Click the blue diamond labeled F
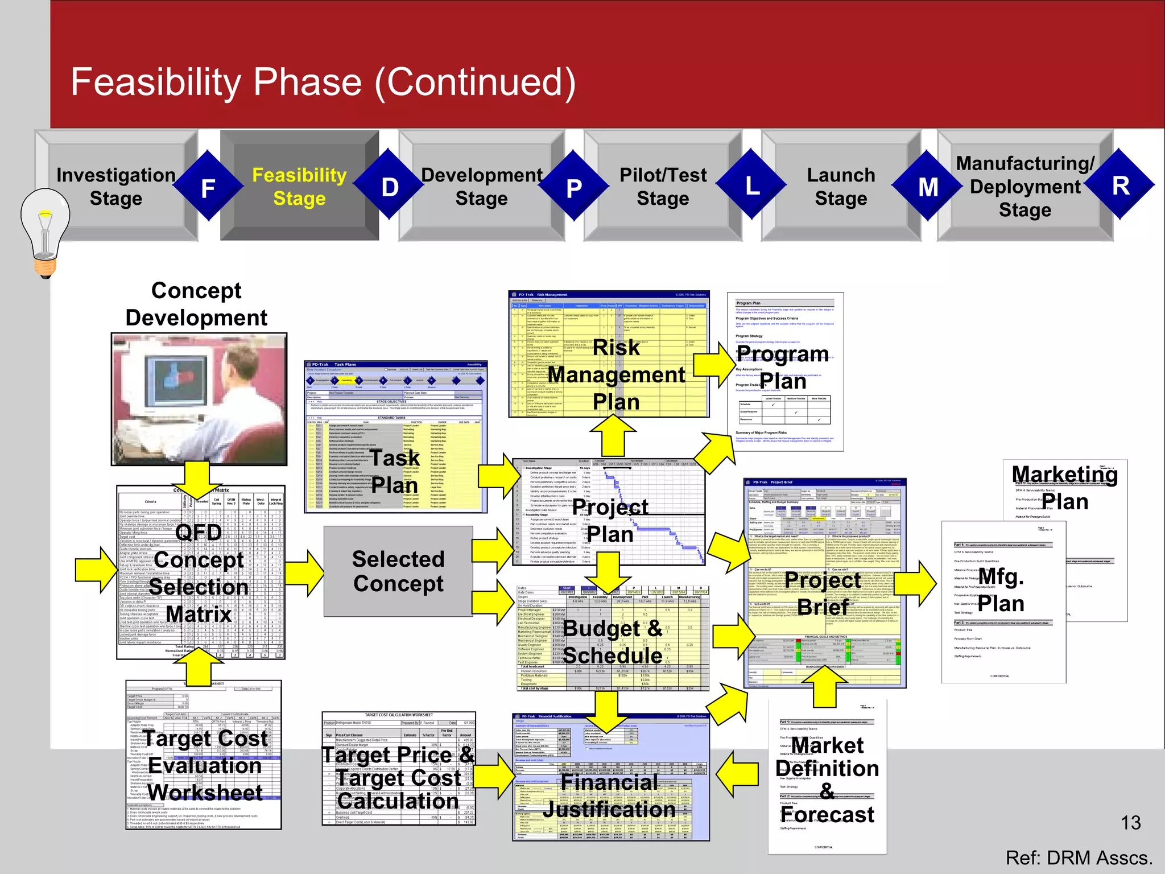(208, 187)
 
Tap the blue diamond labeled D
(390, 186)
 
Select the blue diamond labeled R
(1120, 185)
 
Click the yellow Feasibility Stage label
(299, 187)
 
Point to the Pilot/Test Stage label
(663, 187)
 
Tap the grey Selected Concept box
(398, 571)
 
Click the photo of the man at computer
(199, 398)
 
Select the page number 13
(1130, 822)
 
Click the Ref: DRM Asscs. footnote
(1079, 857)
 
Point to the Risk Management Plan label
(616, 375)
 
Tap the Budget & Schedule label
(613, 642)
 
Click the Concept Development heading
(196, 304)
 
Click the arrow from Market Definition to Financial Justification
(737, 774)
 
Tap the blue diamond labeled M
(928, 187)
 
